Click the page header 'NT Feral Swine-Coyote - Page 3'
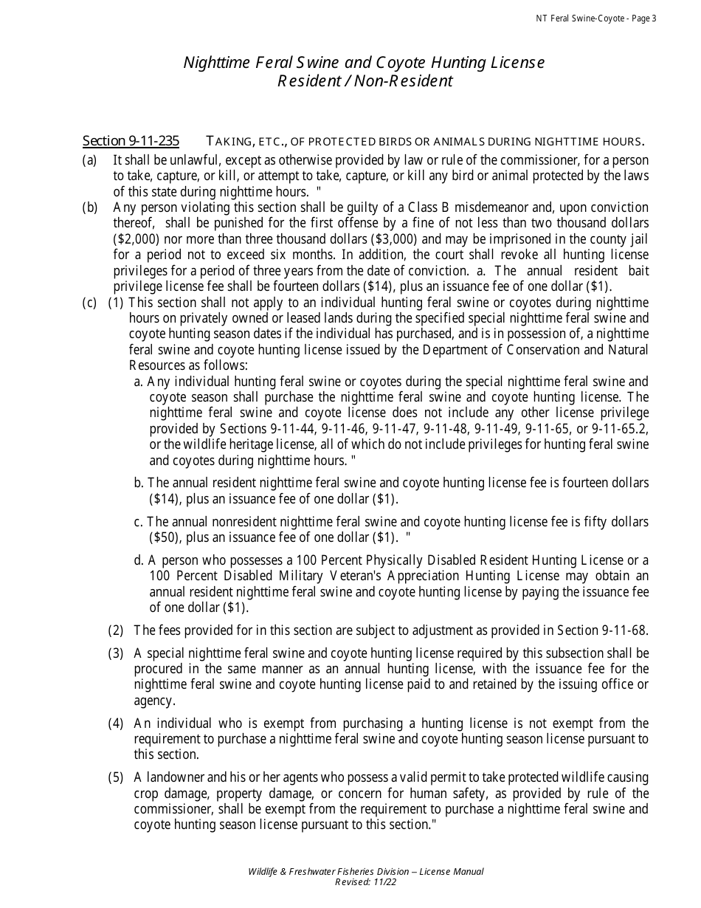coord(595,18)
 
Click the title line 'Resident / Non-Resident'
coord(365,81)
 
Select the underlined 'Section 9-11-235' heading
coord(131,141)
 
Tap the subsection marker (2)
coord(116,630)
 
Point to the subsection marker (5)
coord(116,777)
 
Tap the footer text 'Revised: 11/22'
coord(365,882)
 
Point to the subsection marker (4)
coord(116,723)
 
